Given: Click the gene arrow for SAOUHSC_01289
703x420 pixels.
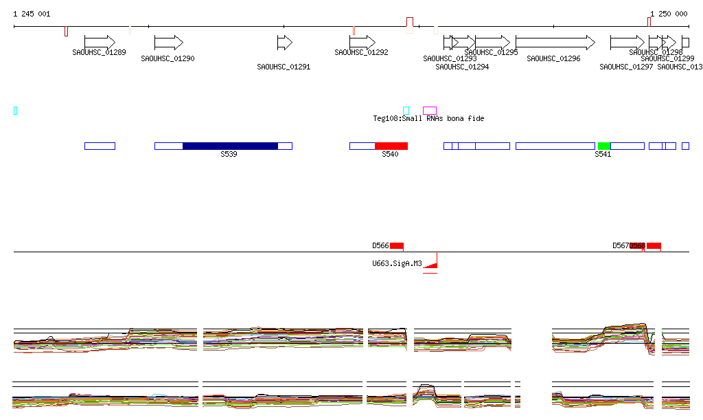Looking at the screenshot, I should click(100, 43).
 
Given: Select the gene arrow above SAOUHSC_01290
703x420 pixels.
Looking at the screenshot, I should click(168, 43).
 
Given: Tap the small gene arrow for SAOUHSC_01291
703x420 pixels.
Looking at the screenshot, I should click(284, 43).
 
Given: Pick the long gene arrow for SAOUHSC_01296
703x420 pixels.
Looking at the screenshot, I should click(555, 43).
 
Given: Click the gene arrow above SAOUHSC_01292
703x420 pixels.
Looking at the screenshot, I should click(362, 43).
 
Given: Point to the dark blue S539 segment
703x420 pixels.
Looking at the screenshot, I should click(230, 146).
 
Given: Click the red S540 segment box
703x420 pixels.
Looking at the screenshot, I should click(391, 146).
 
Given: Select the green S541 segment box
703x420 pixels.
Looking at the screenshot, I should click(604, 146).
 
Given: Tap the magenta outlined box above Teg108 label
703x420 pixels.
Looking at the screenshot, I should click(430, 111).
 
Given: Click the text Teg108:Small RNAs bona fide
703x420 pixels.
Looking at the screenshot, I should click(428, 119).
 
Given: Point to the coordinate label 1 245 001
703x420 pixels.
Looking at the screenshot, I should click(32, 14).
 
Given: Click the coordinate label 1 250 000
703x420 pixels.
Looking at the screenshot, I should click(668, 14).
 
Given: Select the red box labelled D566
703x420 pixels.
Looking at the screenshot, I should click(397, 246).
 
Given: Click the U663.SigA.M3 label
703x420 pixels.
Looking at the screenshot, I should click(397, 263).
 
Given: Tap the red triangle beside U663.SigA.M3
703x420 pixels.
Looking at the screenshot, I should click(432, 263).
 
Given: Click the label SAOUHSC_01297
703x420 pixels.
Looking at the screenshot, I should click(626, 67).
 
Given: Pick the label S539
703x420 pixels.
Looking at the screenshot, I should click(229, 155).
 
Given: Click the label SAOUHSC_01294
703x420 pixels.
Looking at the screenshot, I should click(462, 67).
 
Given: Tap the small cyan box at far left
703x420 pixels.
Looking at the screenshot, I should click(16, 111).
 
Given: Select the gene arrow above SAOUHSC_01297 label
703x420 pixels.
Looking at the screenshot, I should click(627, 43).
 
